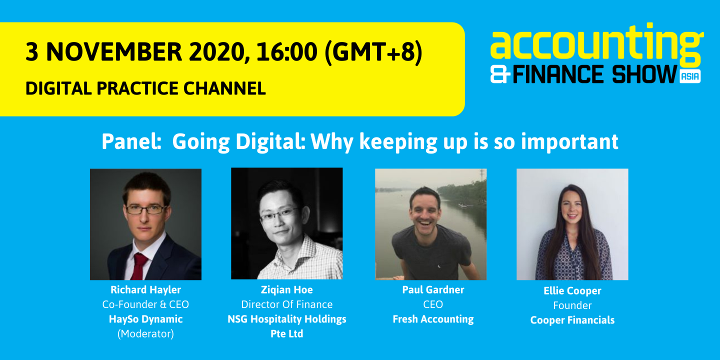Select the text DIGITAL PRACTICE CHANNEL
(145, 88)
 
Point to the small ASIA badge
(690, 76)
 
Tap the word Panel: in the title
(131, 142)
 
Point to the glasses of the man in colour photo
(145, 209)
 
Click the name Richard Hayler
(145, 290)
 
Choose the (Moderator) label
(145, 334)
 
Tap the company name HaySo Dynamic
(145, 319)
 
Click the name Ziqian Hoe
(287, 290)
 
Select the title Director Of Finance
(287, 304)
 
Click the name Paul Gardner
(433, 290)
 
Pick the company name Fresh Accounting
(433, 319)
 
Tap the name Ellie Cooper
(572, 291)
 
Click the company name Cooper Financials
(572, 320)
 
